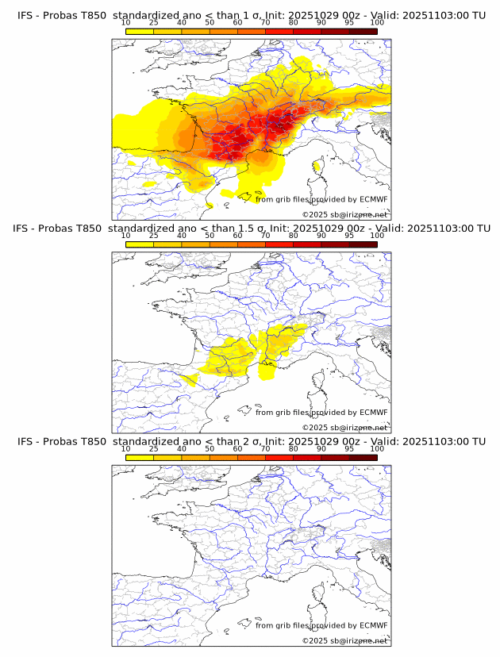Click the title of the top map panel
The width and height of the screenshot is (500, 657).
click(250, 15)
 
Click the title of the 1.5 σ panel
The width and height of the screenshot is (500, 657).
click(250, 229)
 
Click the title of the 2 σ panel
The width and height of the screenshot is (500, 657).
click(250, 441)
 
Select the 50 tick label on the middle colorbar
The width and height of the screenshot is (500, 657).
click(210, 236)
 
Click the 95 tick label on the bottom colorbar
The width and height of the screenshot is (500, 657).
click(349, 448)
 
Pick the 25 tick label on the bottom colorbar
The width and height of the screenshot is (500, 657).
click(154, 448)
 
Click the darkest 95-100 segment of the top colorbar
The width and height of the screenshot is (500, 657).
click(363, 31)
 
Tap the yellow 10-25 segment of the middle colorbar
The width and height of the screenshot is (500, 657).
click(140, 244)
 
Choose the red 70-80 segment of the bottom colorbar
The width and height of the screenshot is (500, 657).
click(279, 457)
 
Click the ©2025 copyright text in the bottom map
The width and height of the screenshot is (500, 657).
click(344, 640)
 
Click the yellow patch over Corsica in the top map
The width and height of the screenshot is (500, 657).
click(318, 166)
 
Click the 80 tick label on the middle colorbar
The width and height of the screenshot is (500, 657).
click(294, 236)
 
